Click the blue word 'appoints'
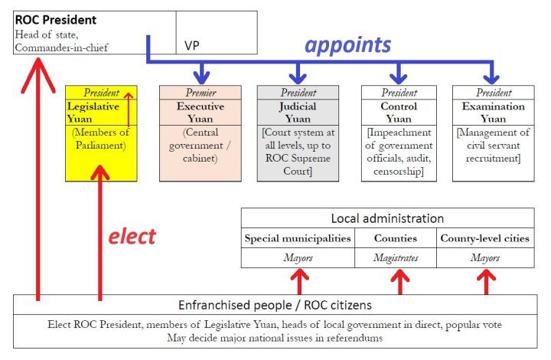coord(347,44)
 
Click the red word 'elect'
coord(131,235)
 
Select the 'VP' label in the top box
coord(192,45)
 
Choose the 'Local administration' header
coord(387,218)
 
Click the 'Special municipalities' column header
coord(298,238)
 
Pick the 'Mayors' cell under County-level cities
coord(484,258)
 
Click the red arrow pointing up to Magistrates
coord(398,281)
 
